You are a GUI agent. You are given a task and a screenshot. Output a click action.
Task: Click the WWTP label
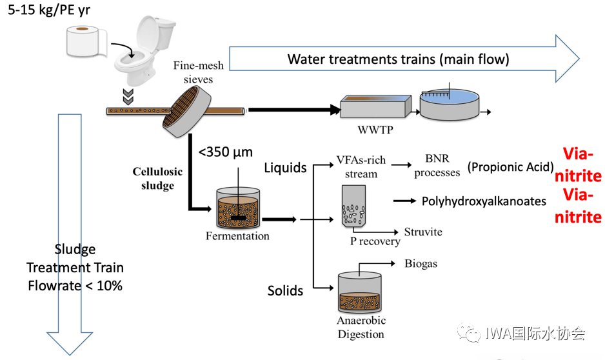coord(375,129)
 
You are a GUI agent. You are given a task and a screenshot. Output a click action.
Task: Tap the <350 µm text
coord(226,152)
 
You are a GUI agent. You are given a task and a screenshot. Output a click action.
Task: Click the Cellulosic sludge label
coord(157,179)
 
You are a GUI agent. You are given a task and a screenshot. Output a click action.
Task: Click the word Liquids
coord(285,168)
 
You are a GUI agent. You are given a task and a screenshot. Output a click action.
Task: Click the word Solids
coord(285,291)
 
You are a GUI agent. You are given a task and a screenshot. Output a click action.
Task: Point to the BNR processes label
coord(437,166)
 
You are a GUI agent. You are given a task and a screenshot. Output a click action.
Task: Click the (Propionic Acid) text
coord(511,167)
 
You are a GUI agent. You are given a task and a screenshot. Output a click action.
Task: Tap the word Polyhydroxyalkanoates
coord(484,201)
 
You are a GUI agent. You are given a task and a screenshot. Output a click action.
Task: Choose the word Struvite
coord(423,232)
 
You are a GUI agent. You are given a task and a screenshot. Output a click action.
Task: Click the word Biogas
coord(421,263)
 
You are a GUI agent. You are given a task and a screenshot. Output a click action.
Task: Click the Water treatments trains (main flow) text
coord(398,59)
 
